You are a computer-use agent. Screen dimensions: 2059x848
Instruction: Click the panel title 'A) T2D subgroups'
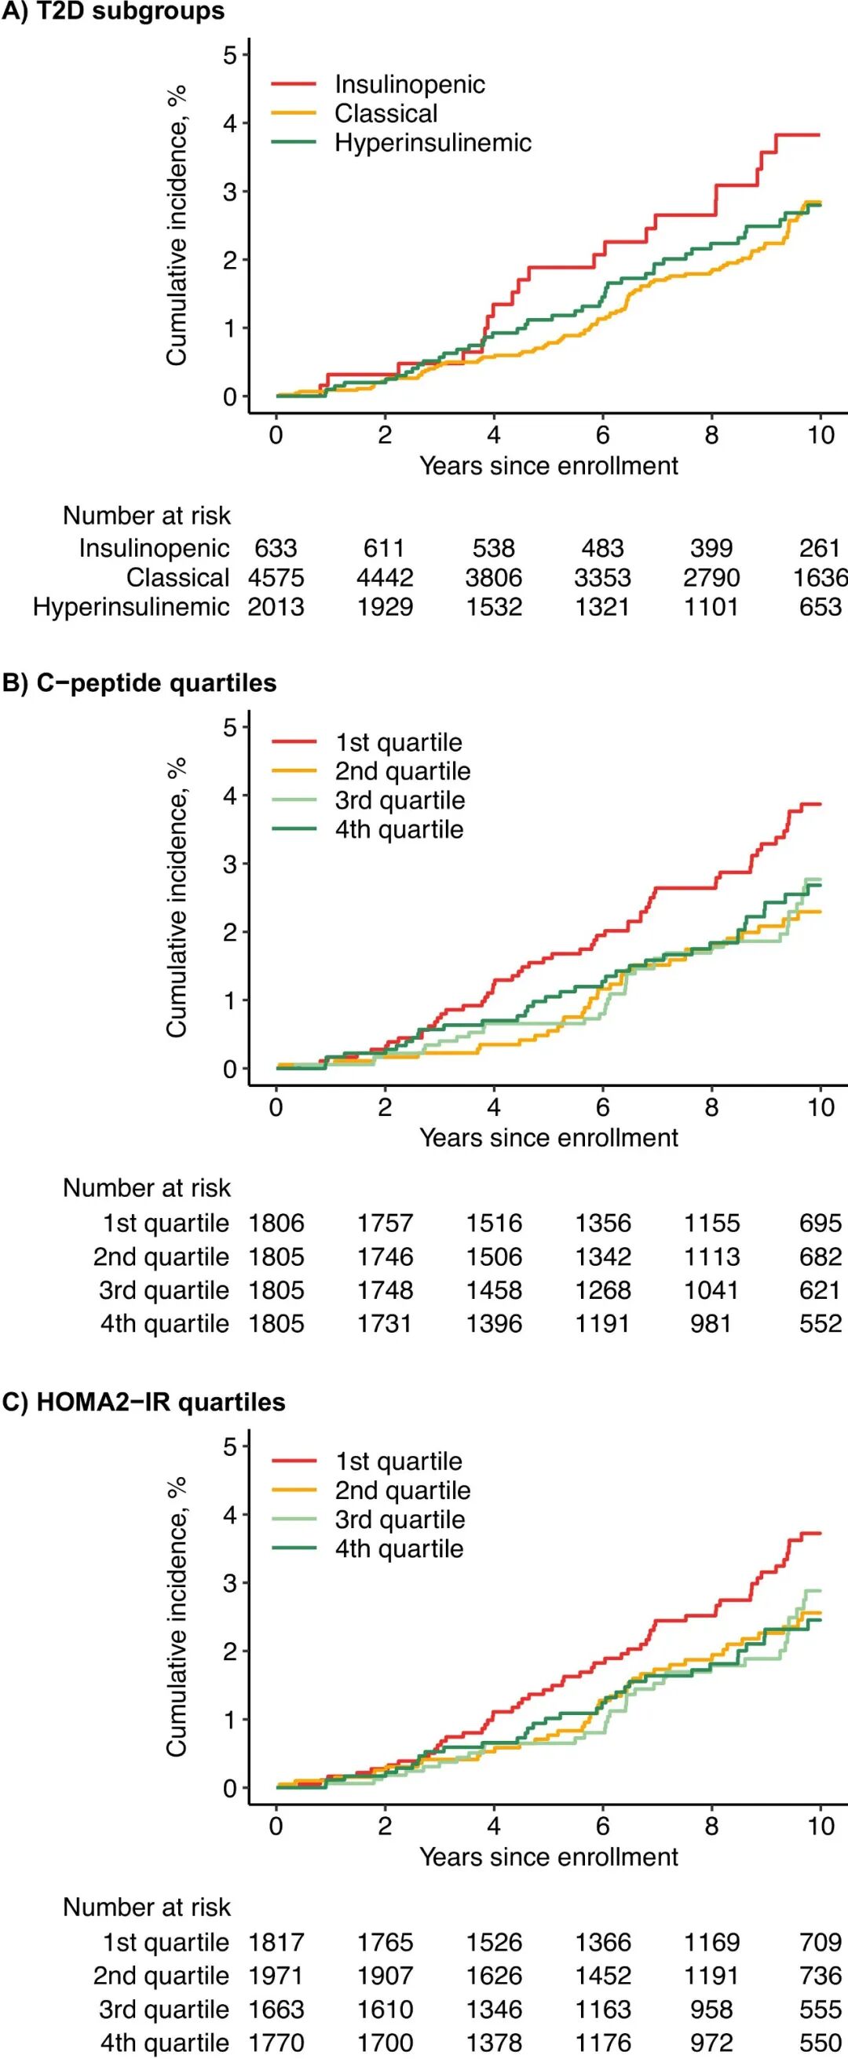coord(113,12)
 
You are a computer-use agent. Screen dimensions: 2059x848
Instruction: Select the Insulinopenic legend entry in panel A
coord(409,84)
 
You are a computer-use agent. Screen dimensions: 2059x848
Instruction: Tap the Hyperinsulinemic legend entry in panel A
coord(433,142)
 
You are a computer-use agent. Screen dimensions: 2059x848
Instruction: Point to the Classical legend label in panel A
coord(386,114)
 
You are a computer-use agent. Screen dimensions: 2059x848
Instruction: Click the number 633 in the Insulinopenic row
coord(276,548)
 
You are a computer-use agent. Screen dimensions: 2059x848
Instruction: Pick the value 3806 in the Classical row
coord(494,577)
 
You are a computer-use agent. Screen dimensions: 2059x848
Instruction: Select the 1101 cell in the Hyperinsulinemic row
coord(711,607)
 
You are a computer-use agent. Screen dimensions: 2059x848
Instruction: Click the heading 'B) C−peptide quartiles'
coord(140,682)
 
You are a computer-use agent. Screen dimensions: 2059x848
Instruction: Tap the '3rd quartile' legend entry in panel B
coord(400,800)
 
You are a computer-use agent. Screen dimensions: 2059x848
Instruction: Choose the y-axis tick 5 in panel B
coord(230,727)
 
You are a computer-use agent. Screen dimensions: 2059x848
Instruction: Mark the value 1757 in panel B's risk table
coord(386,1223)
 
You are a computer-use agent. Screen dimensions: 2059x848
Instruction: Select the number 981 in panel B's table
coord(711,1324)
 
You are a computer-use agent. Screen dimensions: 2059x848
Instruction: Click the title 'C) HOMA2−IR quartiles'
coord(144,1402)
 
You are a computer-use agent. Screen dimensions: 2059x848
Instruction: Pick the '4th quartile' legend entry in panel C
coord(399,1549)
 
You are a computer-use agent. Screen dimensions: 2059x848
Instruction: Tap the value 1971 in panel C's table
coord(276,1975)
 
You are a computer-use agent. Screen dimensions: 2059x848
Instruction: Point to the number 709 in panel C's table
coord(820,1941)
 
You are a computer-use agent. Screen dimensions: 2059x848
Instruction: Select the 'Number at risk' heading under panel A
coord(147,516)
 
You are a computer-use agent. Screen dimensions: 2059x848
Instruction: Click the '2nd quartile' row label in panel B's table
coord(162,1256)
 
